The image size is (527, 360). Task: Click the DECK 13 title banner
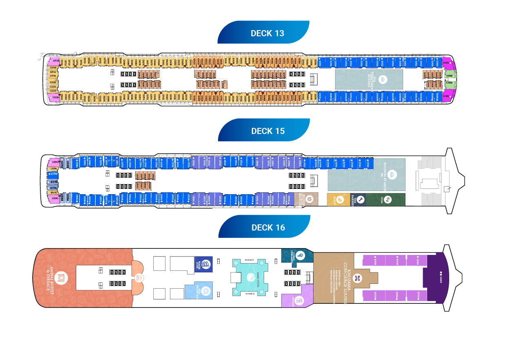[267, 33]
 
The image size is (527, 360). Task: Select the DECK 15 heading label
[268, 131]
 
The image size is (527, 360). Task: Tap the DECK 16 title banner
[268, 228]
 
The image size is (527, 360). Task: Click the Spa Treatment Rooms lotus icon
[382, 80]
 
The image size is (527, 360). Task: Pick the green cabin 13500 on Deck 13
[450, 76]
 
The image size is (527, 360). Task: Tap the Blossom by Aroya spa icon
[392, 174]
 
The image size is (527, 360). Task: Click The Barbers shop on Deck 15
[359, 200]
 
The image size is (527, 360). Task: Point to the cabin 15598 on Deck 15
[53, 174]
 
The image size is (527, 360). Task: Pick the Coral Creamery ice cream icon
[301, 256]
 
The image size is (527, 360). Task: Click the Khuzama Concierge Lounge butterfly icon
[357, 278]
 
